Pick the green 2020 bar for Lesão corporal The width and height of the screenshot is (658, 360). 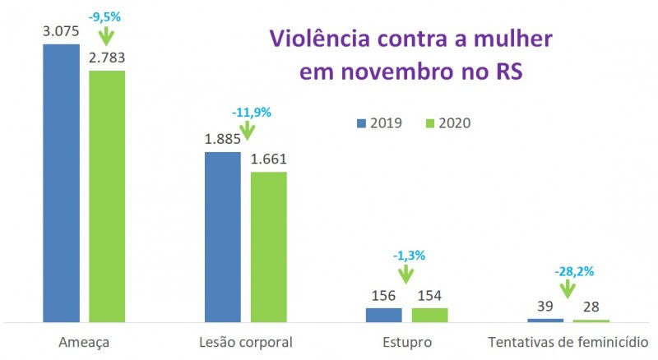pos(268,247)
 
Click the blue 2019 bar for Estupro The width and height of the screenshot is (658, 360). pos(384,315)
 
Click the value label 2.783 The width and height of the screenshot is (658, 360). pos(107,58)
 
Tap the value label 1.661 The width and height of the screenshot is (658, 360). pos(268,159)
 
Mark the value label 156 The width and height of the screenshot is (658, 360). pos(384,296)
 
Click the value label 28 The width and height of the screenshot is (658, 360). pos(591,307)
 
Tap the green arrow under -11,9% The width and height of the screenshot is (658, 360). pos(246,129)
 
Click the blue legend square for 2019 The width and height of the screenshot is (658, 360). pos(361,123)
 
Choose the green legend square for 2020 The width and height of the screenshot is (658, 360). pos(428,123)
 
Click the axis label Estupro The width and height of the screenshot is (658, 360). pos(406,340)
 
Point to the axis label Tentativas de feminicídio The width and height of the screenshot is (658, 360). pos(568,340)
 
